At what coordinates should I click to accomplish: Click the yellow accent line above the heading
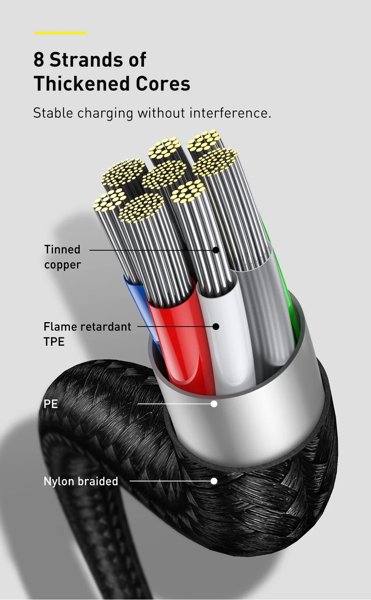click(61, 33)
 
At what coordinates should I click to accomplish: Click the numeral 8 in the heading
click(39, 60)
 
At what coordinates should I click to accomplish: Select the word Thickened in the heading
click(81, 84)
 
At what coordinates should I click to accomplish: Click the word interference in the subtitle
click(230, 113)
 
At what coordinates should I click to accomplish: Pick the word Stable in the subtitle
click(53, 113)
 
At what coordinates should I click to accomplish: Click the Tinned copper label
click(63, 257)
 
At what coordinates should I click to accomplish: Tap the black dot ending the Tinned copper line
click(216, 250)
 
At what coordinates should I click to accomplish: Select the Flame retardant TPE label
click(87, 334)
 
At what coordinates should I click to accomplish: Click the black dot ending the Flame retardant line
click(216, 327)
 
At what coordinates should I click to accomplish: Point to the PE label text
click(51, 404)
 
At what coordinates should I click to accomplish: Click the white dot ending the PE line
click(214, 404)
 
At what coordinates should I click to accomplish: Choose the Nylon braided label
click(81, 481)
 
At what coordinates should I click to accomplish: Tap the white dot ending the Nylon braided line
click(214, 481)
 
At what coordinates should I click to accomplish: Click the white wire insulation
click(231, 351)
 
